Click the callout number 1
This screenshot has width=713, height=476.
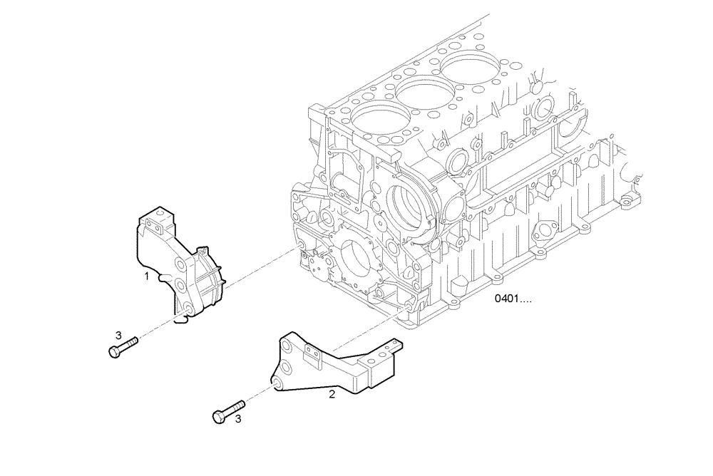coord(146,275)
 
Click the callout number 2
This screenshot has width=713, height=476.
coord(332,392)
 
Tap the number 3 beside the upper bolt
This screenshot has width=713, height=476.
coord(119,335)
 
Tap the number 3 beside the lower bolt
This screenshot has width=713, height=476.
coord(238,420)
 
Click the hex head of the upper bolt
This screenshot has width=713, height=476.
coord(113,351)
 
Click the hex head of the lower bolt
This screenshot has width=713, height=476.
coord(219,416)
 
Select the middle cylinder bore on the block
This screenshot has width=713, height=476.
coord(424,93)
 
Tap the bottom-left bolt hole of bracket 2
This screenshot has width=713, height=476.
coord(276,383)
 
